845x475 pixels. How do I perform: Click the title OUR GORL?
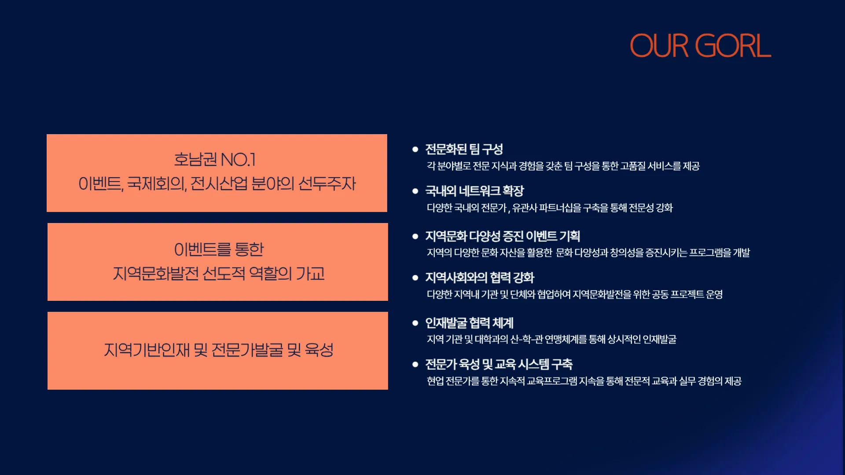(700, 46)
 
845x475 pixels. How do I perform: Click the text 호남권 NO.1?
(215, 159)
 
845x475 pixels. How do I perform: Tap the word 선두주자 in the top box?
(327, 183)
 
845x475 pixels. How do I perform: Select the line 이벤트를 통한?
(219, 249)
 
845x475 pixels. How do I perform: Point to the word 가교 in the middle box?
(310, 274)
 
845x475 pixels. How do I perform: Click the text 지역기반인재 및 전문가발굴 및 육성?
(219, 350)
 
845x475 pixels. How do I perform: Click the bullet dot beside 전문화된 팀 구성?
(415, 150)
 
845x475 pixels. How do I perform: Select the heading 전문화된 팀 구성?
(464, 149)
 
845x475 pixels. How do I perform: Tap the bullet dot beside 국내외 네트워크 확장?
(415, 191)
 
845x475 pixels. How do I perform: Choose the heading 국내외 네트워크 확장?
(474, 191)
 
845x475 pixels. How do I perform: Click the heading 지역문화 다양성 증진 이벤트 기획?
(503, 236)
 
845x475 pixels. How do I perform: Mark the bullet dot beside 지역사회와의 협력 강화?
(415, 278)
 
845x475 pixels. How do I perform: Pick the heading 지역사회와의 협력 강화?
(480, 278)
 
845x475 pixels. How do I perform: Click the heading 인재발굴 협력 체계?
(469, 323)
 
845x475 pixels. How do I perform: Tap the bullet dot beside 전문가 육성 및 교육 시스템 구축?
(415, 364)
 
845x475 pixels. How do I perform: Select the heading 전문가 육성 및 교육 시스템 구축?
(499, 364)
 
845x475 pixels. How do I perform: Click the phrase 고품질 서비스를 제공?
(660, 166)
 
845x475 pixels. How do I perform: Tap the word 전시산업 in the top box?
(219, 183)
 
